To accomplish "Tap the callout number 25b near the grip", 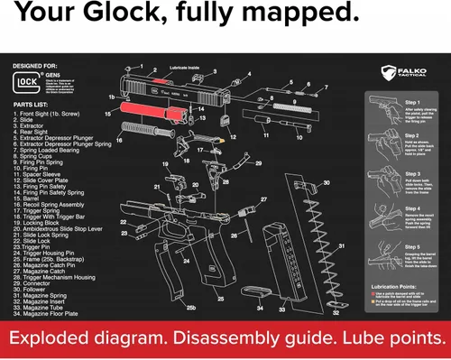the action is tap(191, 308).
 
